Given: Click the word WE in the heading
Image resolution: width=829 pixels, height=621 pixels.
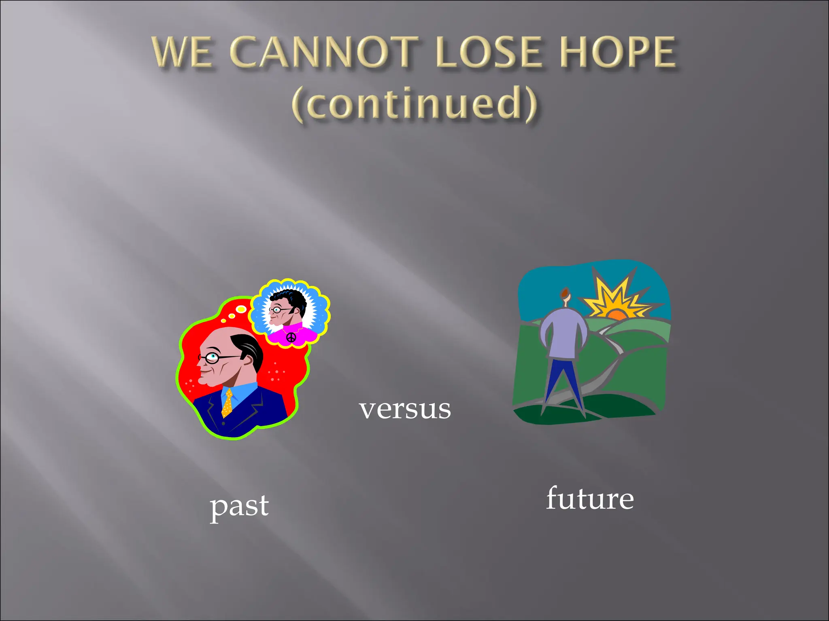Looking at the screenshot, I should pos(182,53).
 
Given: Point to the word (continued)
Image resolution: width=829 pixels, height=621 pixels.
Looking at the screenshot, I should pos(414,104).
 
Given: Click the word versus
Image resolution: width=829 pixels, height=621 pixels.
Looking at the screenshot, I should pos(405,409).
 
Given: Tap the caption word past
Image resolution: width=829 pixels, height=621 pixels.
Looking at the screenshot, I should pos(239,506).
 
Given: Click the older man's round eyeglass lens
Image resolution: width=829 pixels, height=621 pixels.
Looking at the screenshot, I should pos(212,357).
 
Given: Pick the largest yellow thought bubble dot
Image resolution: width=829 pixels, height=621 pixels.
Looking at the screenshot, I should pos(241,309).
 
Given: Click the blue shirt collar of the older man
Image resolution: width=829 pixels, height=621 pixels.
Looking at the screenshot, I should pos(243,392).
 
